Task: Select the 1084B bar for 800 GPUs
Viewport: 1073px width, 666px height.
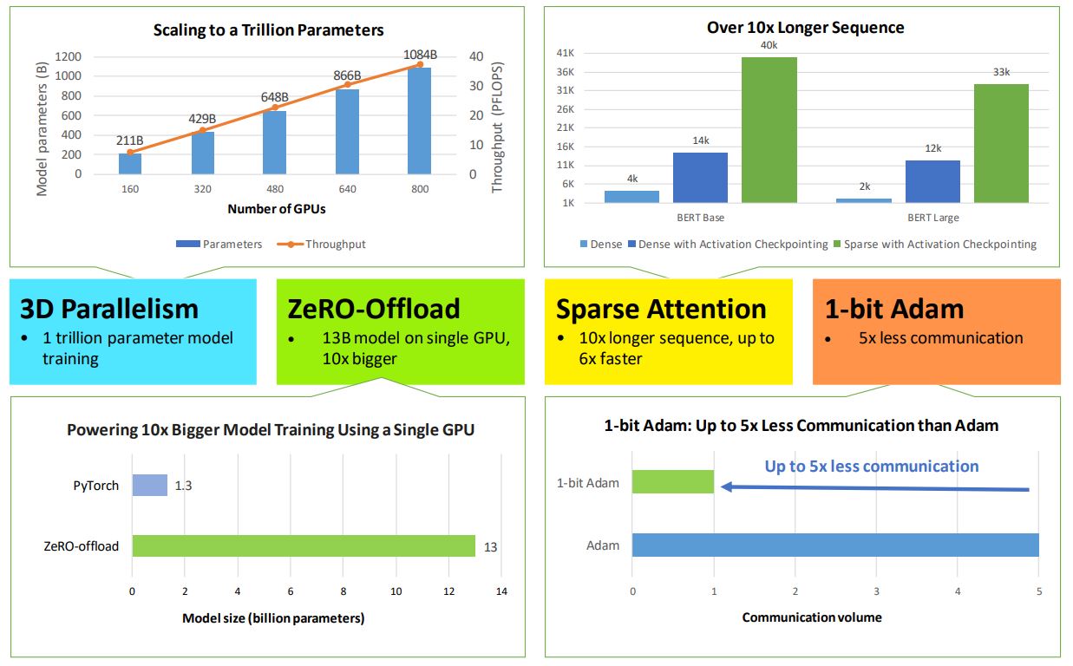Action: click(x=420, y=121)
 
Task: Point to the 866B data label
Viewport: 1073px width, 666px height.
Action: click(x=346, y=76)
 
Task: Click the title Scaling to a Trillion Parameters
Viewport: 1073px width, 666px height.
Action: click(x=268, y=30)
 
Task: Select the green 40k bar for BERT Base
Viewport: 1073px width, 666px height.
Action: click(x=769, y=130)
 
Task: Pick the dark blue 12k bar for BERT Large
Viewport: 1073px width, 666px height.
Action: click(x=932, y=181)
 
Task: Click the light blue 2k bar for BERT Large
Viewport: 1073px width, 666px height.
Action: click(x=864, y=200)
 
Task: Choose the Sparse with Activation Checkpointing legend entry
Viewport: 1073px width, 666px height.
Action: click(x=934, y=245)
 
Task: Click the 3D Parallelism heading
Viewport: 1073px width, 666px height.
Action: click(x=109, y=310)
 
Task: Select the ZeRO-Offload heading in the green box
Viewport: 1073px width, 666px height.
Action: click(x=374, y=310)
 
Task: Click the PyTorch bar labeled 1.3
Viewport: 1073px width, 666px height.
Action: click(x=149, y=485)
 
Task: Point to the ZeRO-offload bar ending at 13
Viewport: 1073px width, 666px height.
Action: click(x=304, y=545)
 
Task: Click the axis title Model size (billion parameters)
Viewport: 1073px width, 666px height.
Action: click(x=273, y=618)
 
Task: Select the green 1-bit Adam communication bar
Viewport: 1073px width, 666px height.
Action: click(x=672, y=481)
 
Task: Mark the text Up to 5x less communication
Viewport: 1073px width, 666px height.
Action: click(x=871, y=467)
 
